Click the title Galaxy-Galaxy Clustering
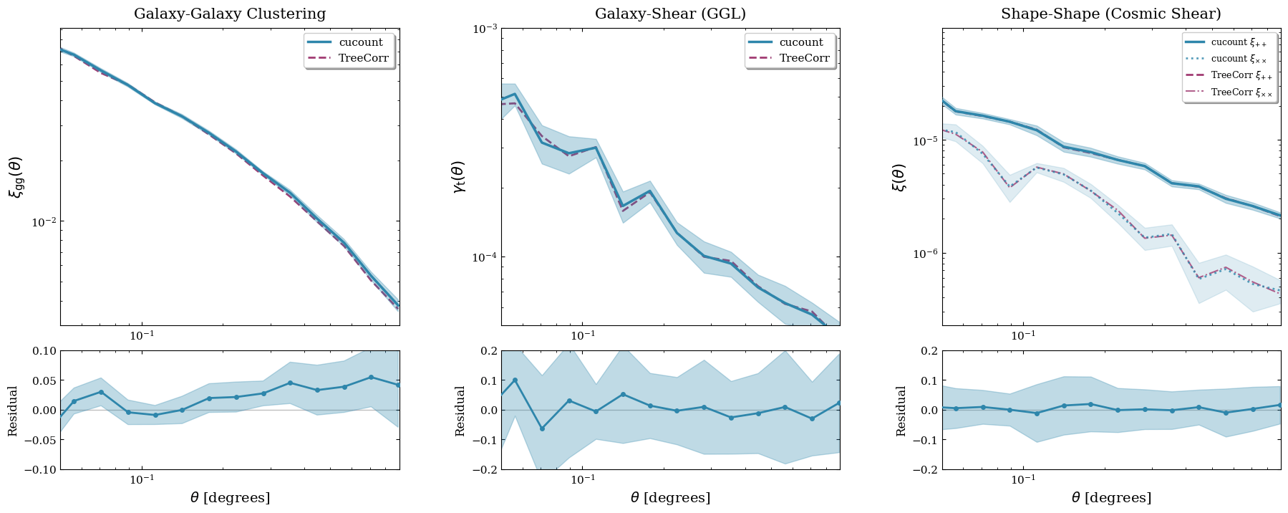tap(230, 14)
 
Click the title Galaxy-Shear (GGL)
tap(670, 14)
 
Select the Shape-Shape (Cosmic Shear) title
tap(1111, 14)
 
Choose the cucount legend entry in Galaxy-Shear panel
tap(801, 42)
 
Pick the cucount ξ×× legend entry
tap(1238, 59)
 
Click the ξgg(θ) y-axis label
tap(15, 177)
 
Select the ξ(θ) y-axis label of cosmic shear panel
tap(899, 177)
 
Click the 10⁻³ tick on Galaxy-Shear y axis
tap(484, 29)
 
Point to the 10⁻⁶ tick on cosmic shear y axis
tap(924, 254)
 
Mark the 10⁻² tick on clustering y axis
tap(43, 222)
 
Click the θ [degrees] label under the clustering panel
tap(230, 497)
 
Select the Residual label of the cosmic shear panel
tap(901, 411)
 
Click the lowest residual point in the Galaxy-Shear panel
tap(542, 428)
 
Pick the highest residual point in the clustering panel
tap(371, 377)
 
